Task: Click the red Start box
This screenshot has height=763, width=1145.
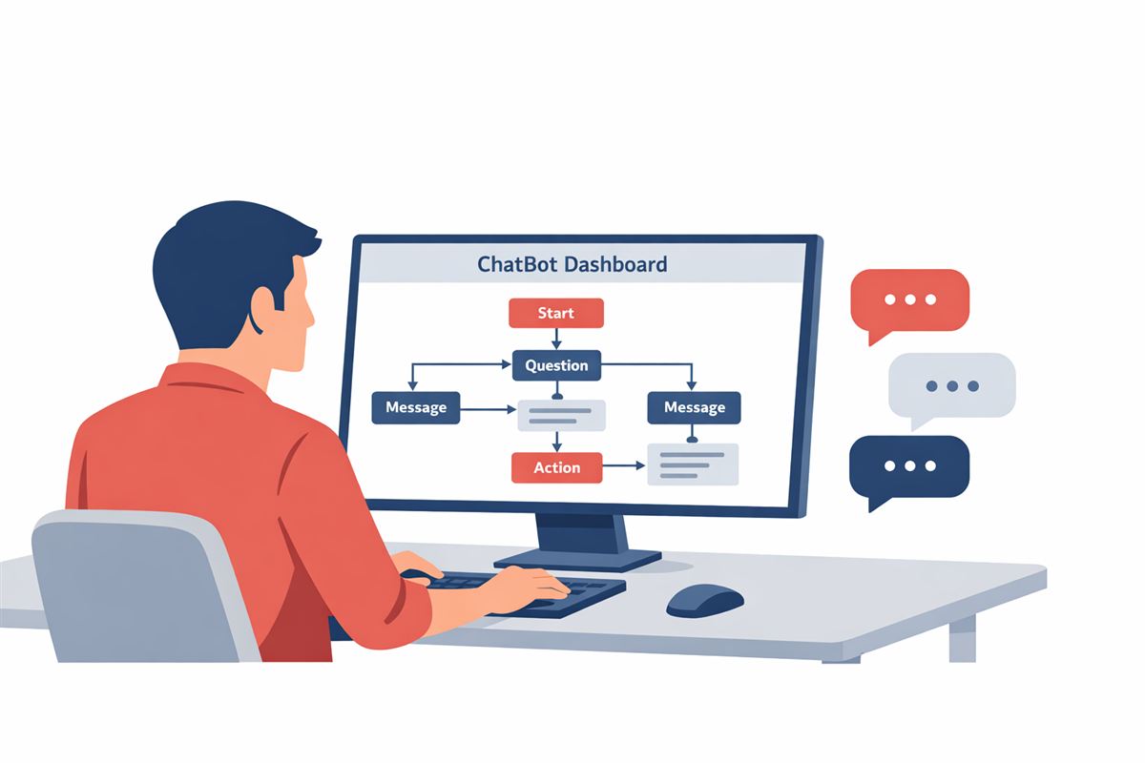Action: [x=556, y=313]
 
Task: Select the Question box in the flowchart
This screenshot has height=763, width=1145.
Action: [x=556, y=365]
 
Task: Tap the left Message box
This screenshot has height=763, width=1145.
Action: [x=416, y=407]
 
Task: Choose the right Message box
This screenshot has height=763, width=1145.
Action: [x=695, y=407]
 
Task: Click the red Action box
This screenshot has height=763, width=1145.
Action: [x=556, y=467]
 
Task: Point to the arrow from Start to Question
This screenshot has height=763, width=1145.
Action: [x=556, y=339]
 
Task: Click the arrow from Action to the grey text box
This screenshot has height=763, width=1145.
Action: [x=624, y=465]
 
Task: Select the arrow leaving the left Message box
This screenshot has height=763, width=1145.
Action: [x=488, y=409]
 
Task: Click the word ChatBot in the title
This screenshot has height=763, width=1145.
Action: [x=516, y=264]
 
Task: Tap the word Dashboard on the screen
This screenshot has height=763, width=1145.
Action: [x=616, y=264]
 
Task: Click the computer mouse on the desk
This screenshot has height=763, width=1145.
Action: [x=705, y=601]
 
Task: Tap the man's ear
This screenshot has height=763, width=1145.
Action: [x=262, y=309]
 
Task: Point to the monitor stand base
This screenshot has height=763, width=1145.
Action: [x=577, y=560]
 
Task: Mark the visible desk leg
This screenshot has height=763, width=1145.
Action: [x=963, y=638]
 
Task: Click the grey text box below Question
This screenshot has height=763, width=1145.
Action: [x=562, y=416]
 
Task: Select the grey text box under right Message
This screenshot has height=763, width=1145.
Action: [x=693, y=464]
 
